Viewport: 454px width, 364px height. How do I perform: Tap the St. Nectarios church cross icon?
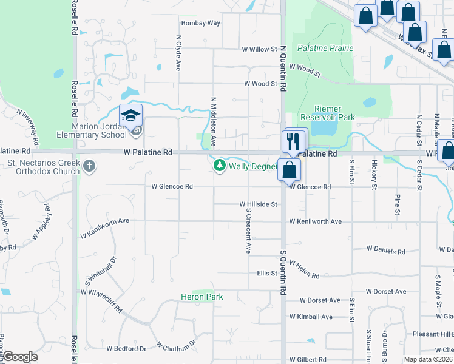pos(89,166)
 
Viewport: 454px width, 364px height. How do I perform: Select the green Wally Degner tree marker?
pos(219,165)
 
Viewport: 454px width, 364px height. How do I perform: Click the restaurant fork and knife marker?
pos(293,141)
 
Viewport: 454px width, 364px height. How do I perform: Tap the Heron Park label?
pos(202,297)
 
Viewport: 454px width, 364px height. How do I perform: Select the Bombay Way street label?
pos(201,23)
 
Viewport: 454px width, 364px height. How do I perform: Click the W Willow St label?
pos(259,49)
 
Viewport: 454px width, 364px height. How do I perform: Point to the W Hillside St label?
pos(259,204)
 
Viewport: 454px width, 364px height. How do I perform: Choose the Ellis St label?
pos(267,274)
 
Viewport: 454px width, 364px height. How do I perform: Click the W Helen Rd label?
pos(304,270)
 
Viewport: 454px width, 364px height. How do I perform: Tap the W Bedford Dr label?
pos(126,349)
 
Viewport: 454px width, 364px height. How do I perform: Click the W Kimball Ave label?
pos(311,317)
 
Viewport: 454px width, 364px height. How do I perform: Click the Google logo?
pos(20,357)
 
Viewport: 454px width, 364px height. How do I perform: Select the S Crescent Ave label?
pos(248,231)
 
